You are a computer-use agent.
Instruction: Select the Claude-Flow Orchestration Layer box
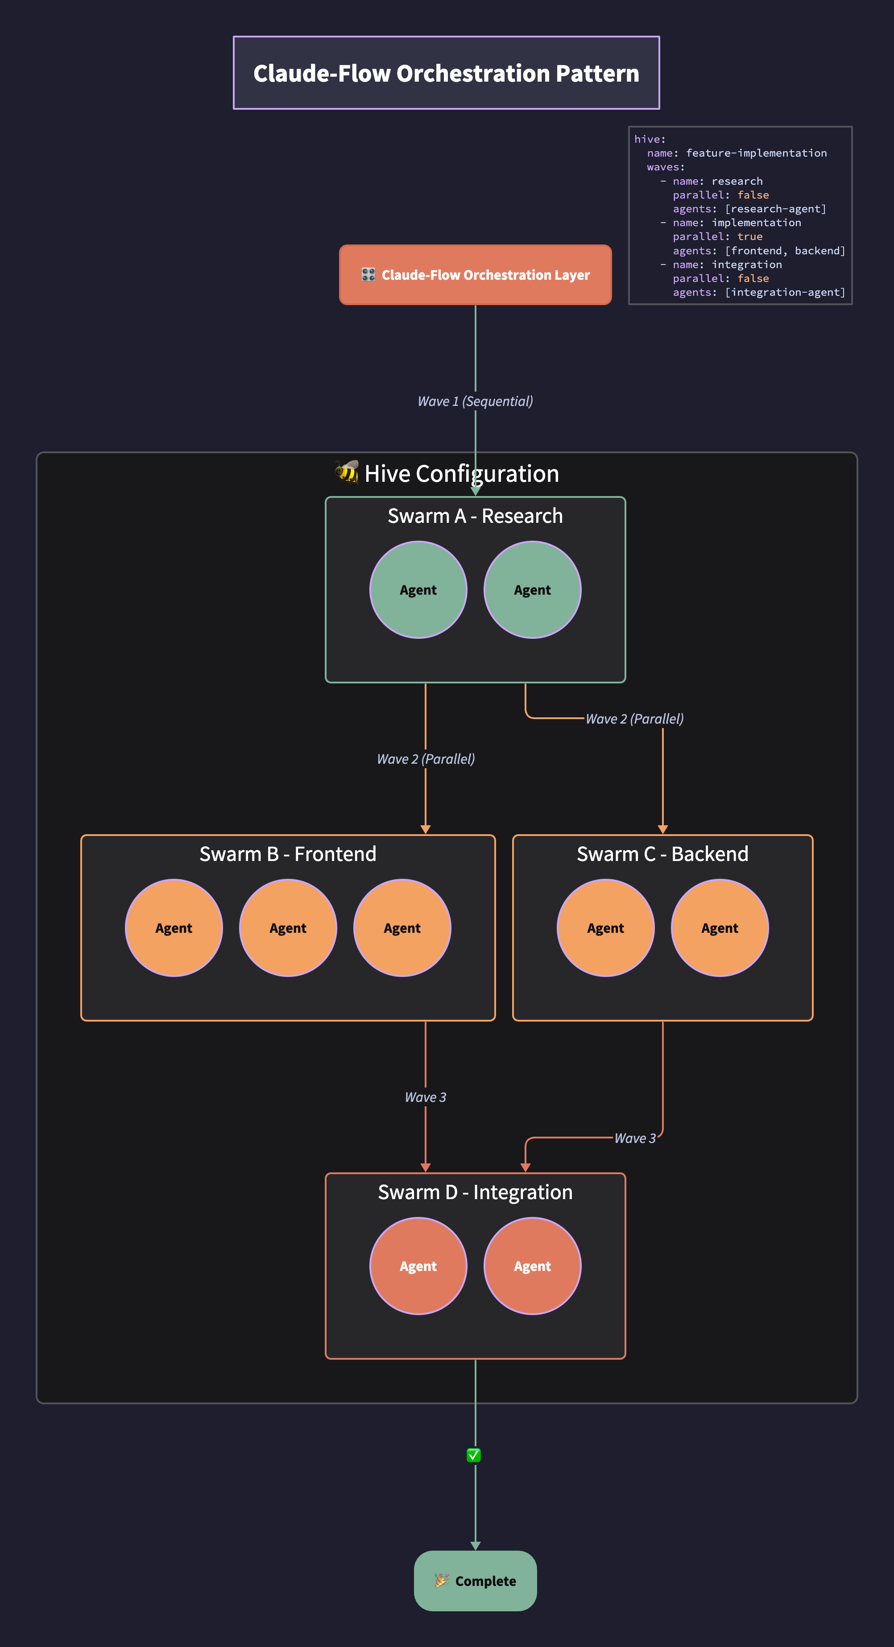[x=475, y=275]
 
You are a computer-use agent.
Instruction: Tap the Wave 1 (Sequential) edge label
[x=475, y=401]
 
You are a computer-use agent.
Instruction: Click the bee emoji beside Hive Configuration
[x=347, y=472]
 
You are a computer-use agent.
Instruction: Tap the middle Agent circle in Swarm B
[x=288, y=928]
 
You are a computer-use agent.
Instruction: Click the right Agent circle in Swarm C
[x=720, y=928]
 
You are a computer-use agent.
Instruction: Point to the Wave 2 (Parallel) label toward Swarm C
[x=634, y=719]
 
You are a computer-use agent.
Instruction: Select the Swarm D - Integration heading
[x=475, y=1192]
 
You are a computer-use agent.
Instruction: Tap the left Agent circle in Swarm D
[x=418, y=1266]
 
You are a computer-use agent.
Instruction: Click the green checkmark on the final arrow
[x=474, y=1456]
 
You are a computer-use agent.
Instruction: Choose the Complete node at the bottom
[x=475, y=1581]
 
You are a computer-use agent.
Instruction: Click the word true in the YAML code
[x=749, y=236]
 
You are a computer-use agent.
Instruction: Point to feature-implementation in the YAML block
[x=756, y=153]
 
